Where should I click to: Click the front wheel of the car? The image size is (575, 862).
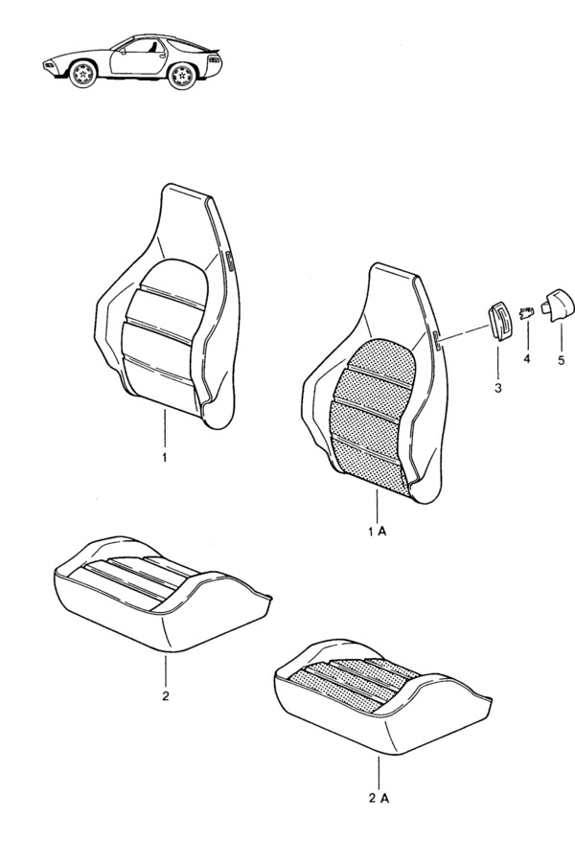click(83, 74)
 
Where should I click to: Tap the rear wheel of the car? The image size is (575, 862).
click(182, 75)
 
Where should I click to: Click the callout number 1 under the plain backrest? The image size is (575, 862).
click(165, 458)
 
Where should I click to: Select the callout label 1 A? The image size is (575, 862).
click(378, 531)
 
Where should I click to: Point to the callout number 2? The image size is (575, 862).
click(166, 696)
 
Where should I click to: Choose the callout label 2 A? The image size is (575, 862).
click(379, 798)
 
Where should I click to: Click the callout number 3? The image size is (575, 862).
click(498, 388)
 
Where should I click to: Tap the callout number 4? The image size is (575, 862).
click(526, 359)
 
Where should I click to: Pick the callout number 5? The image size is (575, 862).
click(562, 361)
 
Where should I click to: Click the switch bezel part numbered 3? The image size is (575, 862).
click(498, 321)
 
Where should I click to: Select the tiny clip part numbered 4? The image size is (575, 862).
click(526, 314)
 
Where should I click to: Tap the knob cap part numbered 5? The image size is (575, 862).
click(558, 303)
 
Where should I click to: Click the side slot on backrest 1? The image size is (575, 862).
click(230, 261)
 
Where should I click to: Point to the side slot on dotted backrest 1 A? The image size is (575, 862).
click(436, 341)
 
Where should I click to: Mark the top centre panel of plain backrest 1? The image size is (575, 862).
click(175, 281)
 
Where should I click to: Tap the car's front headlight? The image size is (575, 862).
click(50, 65)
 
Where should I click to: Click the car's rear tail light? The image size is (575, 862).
click(215, 58)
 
